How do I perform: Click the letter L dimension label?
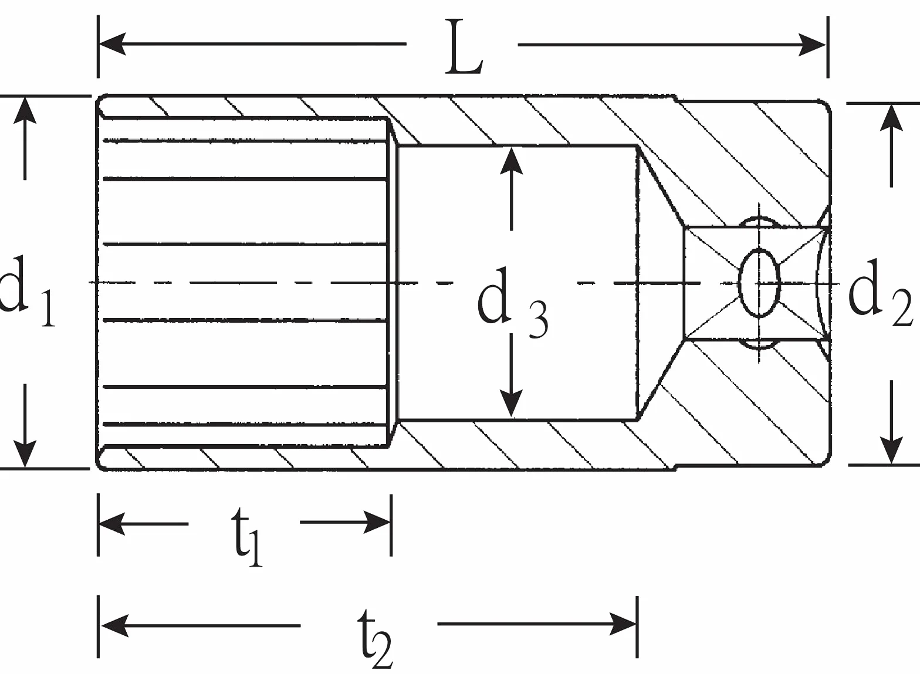point(464,47)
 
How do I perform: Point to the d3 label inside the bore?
point(513,302)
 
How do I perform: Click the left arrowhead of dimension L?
point(112,44)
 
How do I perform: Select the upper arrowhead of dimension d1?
point(25,110)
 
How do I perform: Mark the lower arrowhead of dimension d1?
point(25,454)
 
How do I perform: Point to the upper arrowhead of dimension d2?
point(891,117)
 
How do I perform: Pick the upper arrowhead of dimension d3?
point(511,160)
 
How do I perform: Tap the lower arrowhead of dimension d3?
point(511,404)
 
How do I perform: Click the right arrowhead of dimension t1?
point(377,523)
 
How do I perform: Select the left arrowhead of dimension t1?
point(112,524)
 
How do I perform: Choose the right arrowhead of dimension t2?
point(623,624)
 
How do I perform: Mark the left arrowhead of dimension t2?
point(114,626)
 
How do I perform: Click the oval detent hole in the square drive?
point(759,283)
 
